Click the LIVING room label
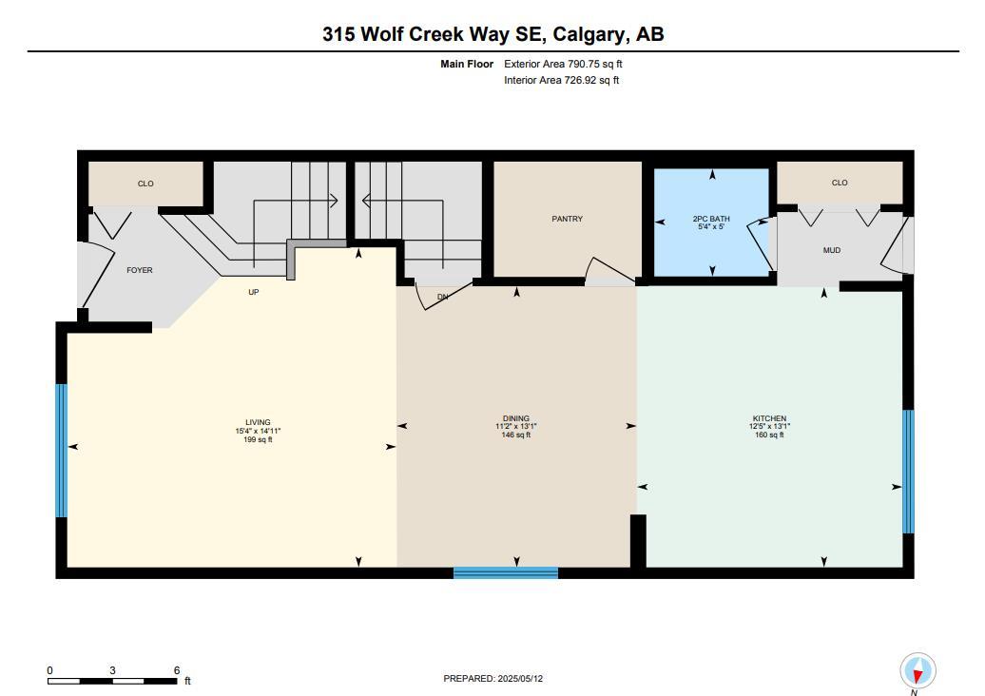[258, 422]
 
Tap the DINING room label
[516, 418]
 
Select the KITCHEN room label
[768, 418]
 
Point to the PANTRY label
[568, 219]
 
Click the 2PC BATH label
[711, 220]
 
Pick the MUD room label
[832, 250]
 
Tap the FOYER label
[140, 270]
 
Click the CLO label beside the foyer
[145, 184]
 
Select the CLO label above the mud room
[840, 183]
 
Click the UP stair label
[254, 292]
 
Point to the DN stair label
[442, 297]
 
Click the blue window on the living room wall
[62, 450]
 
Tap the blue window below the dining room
[505, 572]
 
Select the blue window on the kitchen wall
[908, 471]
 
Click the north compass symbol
[917, 671]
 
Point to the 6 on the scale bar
[177, 670]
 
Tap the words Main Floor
[467, 64]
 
